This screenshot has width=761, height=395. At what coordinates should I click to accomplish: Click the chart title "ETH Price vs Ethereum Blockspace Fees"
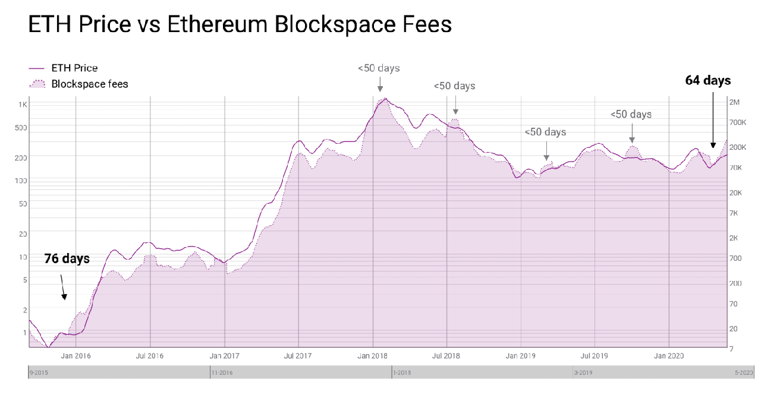point(240,25)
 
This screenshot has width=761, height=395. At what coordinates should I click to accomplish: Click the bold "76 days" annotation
point(67,258)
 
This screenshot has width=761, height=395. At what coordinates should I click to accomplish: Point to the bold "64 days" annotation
point(707,80)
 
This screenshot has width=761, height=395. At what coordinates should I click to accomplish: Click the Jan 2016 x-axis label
point(76,356)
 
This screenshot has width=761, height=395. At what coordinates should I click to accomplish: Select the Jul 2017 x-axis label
point(298,356)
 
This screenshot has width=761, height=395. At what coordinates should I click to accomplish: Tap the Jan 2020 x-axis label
point(669,356)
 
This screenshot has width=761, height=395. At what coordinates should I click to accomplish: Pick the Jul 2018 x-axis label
point(446,356)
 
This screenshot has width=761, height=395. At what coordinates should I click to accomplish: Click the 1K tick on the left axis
point(23,105)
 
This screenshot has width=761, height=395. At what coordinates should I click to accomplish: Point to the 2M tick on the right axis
point(734,102)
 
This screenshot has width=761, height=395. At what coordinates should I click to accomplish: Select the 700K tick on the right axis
point(738,122)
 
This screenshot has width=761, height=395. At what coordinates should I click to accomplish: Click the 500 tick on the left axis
point(21,127)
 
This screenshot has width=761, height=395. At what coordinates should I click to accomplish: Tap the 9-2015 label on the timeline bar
point(38,373)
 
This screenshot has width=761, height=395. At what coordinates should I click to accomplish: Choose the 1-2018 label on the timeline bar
point(401,373)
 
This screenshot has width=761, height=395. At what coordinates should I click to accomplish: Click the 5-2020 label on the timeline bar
point(743,373)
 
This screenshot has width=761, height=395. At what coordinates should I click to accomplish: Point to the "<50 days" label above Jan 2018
point(379,68)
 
